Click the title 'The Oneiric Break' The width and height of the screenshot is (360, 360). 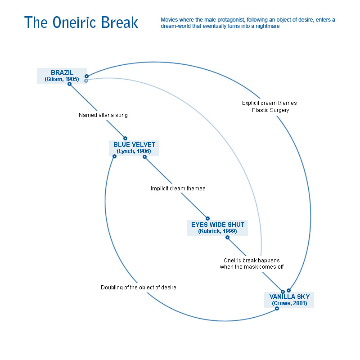(x=81, y=22)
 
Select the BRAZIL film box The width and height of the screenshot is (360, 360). (x=62, y=76)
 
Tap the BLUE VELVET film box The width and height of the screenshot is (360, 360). (x=134, y=148)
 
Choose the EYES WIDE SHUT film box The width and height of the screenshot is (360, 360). (x=217, y=228)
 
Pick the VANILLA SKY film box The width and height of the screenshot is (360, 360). (x=289, y=300)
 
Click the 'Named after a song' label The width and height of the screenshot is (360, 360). (x=103, y=115)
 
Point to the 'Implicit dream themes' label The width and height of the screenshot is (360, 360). (x=178, y=189)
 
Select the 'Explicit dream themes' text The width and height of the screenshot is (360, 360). (x=269, y=103)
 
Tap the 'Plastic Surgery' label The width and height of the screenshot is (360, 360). (x=270, y=110)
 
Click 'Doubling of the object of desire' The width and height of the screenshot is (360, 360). (x=138, y=288)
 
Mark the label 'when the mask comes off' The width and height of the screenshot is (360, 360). (x=252, y=267)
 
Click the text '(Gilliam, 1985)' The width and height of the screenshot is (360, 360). (x=62, y=79)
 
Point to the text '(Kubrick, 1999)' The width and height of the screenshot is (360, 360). (x=217, y=231)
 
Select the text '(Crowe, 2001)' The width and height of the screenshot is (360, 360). (x=289, y=303)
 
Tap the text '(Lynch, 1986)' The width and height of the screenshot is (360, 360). (x=134, y=151)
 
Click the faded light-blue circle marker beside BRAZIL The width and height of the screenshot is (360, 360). (x=86, y=81)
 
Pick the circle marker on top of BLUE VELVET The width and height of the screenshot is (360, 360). (x=126, y=139)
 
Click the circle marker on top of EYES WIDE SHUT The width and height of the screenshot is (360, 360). (x=207, y=218)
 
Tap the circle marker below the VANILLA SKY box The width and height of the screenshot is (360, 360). (x=277, y=308)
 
